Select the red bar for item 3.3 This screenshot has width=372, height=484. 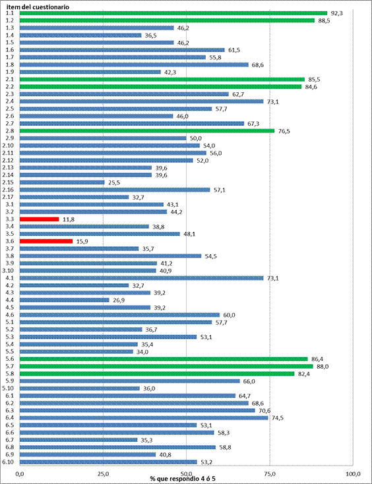(40, 219)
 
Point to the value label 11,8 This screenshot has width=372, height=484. (69, 219)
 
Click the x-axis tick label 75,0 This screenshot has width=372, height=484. (270, 473)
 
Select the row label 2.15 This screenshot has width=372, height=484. (9, 182)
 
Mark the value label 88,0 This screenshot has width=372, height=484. (323, 366)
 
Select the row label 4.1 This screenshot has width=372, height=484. (9, 278)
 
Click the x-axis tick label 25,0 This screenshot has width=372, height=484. (103, 473)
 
